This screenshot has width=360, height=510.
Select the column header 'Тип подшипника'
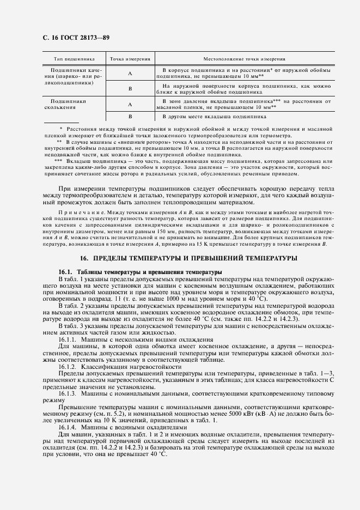[75, 58]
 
